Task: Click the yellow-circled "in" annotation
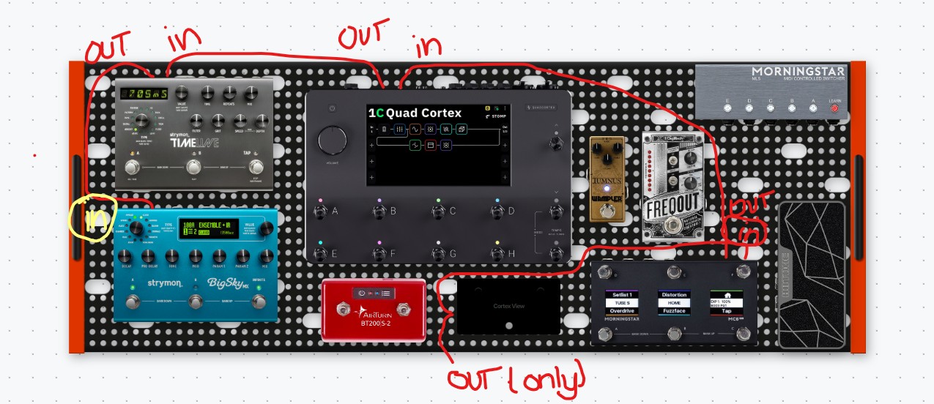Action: (x=87, y=218)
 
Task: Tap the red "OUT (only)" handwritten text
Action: (x=516, y=378)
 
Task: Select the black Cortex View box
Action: (x=509, y=306)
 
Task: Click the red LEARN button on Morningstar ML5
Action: (x=834, y=109)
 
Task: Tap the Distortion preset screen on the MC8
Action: (x=673, y=301)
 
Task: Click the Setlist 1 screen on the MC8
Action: (x=623, y=301)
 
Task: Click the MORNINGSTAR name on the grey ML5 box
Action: (x=798, y=71)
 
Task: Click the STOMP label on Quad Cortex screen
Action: (x=498, y=116)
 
